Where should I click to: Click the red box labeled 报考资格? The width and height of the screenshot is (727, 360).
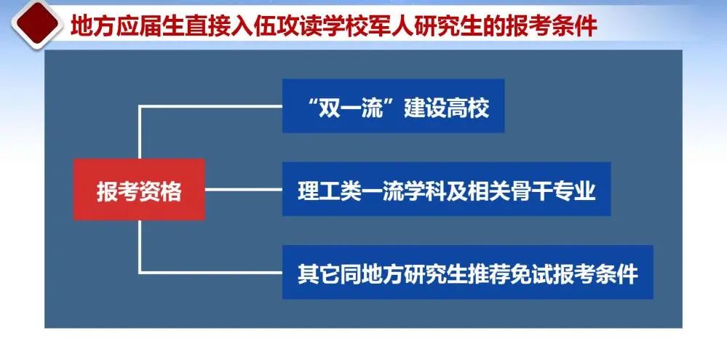tap(139, 190)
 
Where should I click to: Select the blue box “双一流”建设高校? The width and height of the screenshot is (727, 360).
tap(393, 106)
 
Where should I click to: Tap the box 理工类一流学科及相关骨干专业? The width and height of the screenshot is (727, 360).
tap(447, 189)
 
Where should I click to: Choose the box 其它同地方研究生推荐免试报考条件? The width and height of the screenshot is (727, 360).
tap(468, 272)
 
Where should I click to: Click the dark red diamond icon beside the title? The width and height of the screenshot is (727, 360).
tap(37, 23)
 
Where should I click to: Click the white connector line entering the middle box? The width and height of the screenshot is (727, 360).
tap(243, 189)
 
